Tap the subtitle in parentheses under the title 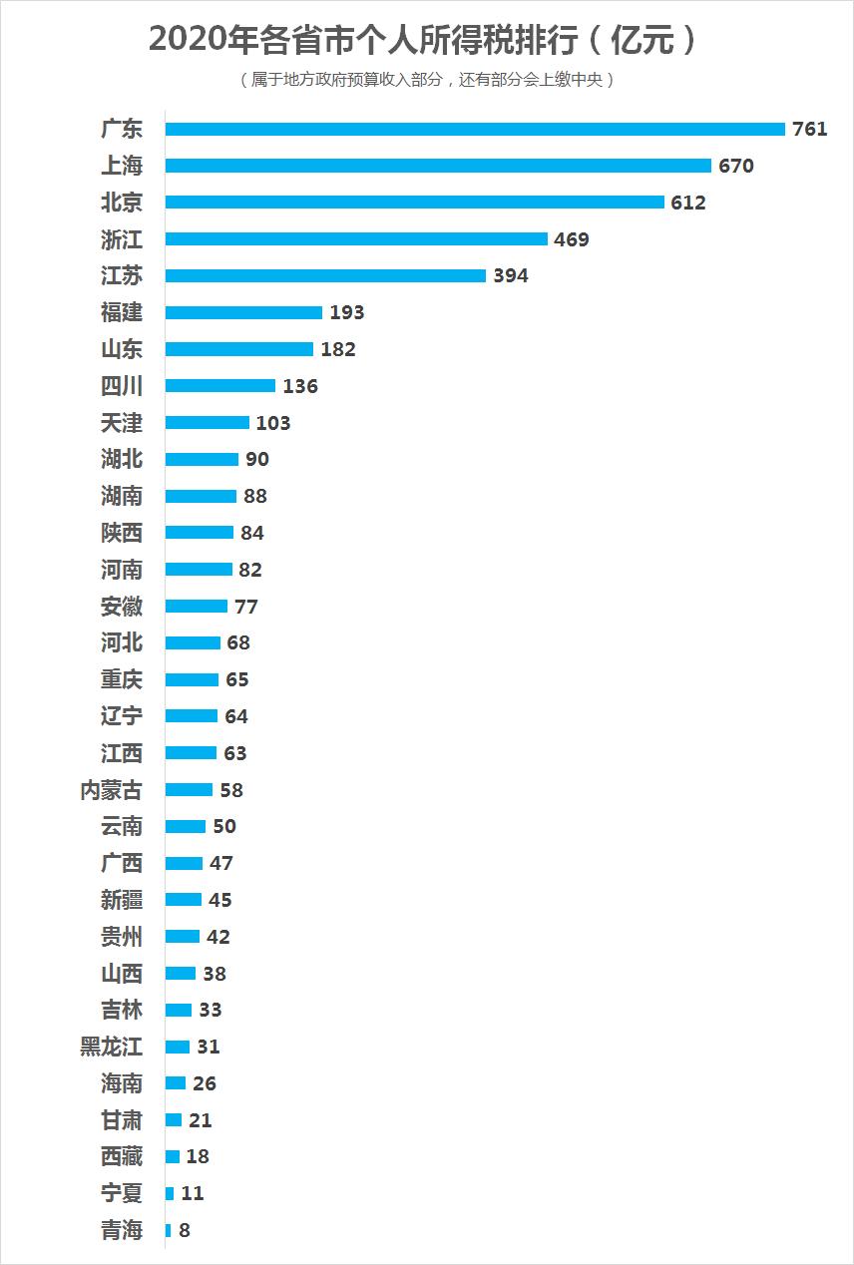pyautogui.click(x=427, y=80)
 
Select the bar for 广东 pyautogui.click(x=475, y=129)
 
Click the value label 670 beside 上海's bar pyautogui.click(x=736, y=166)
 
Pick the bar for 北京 pyautogui.click(x=414, y=203)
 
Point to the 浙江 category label pyautogui.click(x=122, y=239)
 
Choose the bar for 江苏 pyautogui.click(x=325, y=276)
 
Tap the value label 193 pyautogui.click(x=347, y=312)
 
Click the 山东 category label pyautogui.click(x=122, y=349)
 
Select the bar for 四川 pyautogui.click(x=219, y=386)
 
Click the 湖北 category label pyautogui.click(x=122, y=459)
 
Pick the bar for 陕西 pyautogui.click(x=199, y=533)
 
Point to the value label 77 pyautogui.click(x=246, y=607)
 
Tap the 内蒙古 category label pyautogui.click(x=112, y=790)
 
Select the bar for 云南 pyautogui.click(x=185, y=827)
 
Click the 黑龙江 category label pyautogui.click(x=112, y=1047)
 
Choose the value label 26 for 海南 pyautogui.click(x=205, y=1083)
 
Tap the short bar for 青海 pyautogui.click(x=168, y=1230)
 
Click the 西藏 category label pyautogui.click(x=122, y=1157)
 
